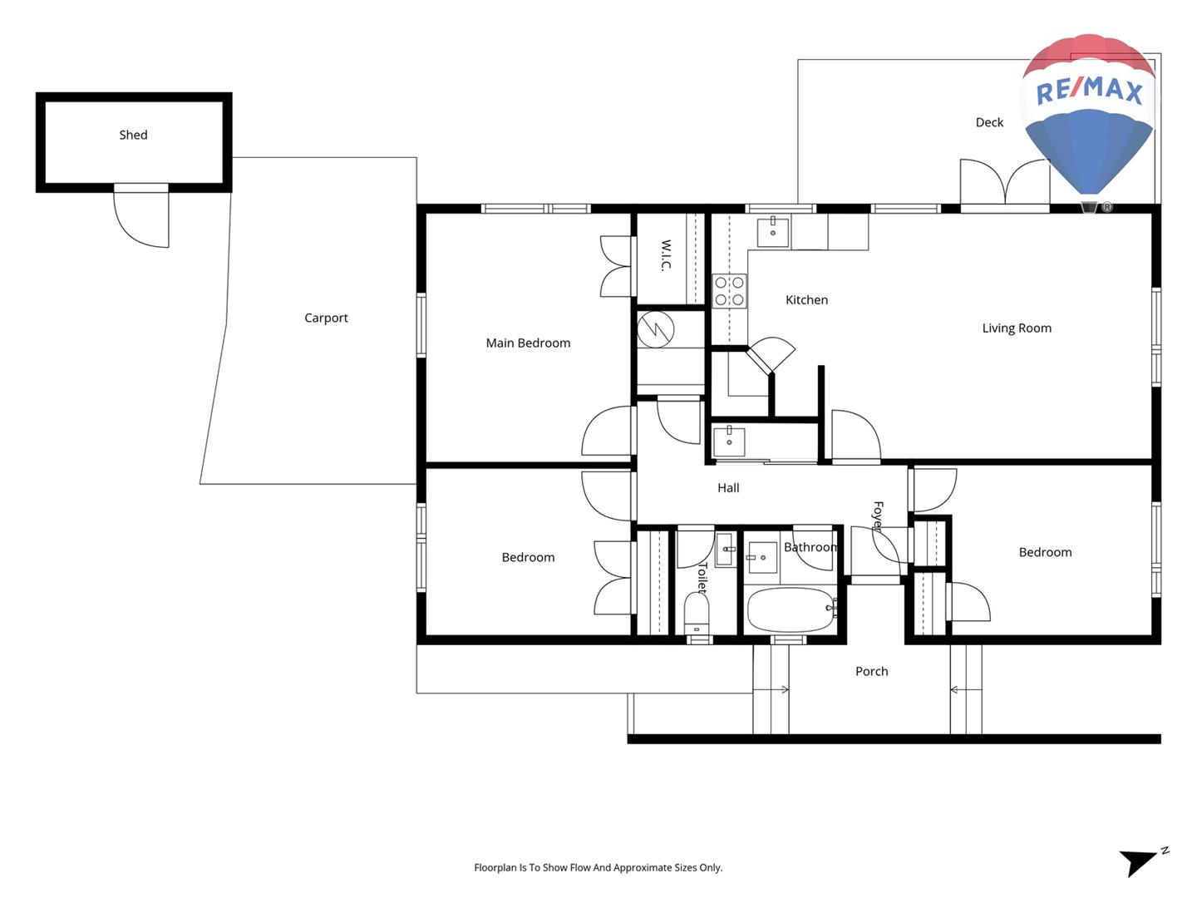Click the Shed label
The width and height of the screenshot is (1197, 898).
pyautogui.click(x=133, y=135)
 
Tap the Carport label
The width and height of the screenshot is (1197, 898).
pyautogui.click(x=326, y=318)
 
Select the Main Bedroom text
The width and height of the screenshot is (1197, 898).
pyautogui.click(x=528, y=343)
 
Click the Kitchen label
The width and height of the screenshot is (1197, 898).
pyautogui.click(x=806, y=300)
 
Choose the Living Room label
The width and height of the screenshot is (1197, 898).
pyautogui.click(x=1017, y=328)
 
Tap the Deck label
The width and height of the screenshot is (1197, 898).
pyautogui.click(x=989, y=122)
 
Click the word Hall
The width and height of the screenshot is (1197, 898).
pyautogui.click(x=728, y=488)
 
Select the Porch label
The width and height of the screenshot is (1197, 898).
pyautogui.click(x=871, y=671)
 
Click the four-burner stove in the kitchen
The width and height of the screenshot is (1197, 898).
pyautogui.click(x=729, y=291)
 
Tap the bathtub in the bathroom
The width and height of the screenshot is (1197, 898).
pyautogui.click(x=791, y=609)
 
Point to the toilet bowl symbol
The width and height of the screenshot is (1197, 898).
pyautogui.click(x=697, y=614)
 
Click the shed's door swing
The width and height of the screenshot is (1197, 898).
pyautogui.click(x=141, y=220)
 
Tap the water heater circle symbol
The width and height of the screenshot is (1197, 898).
pyautogui.click(x=656, y=329)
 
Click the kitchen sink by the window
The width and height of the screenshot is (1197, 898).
pyautogui.click(x=773, y=232)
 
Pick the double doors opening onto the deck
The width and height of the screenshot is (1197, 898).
pyautogui.click(x=1004, y=183)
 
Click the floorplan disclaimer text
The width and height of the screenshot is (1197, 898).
pyautogui.click(x=598, y=867)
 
